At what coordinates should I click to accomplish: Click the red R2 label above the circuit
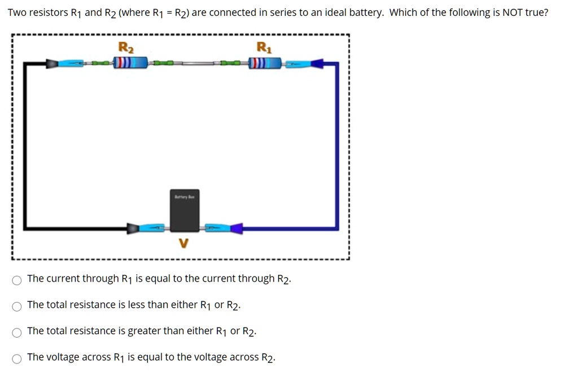click(126, 47)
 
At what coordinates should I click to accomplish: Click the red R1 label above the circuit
click(264, 47)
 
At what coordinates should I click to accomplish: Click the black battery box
click(185, 211)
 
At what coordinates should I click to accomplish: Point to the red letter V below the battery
click(182, 243)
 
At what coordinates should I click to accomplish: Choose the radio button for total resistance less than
click(17, 306)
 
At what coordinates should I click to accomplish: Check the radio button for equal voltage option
click(17, 359)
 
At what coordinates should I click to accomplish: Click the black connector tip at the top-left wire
click(52, 64)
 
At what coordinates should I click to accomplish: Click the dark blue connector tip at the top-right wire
click(317, 64)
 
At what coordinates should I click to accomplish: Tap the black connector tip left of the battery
click(133, 228)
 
